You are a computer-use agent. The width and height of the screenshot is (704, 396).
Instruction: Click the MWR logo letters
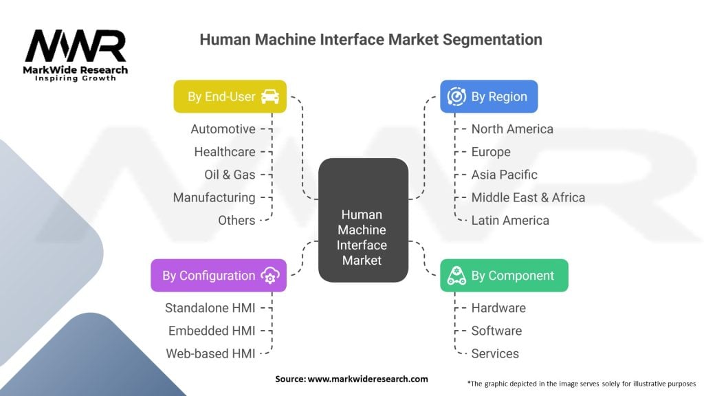pos(76,46)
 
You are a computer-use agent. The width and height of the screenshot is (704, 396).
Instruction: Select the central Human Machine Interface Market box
pos(363,220)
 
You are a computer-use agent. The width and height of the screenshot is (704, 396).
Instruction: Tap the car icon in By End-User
pos(269,96)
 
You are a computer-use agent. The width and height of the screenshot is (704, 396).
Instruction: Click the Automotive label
pos(223,129)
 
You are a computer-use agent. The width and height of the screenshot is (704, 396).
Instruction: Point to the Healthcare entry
pos(225,152)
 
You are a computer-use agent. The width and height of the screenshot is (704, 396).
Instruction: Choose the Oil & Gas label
pos(230,175)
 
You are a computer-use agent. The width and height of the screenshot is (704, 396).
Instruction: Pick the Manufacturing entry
pos(214,197)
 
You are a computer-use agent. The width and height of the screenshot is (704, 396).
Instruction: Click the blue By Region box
pos(489,96)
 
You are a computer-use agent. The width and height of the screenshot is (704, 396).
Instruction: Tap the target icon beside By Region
pos(456,96)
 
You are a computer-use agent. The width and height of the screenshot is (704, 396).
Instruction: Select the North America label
pos(512,129)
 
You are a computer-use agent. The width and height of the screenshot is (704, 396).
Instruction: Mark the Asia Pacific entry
pos(504,175)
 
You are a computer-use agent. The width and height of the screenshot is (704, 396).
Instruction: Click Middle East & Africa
pos(528,197)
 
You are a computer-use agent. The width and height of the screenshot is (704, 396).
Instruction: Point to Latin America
pos(510,221)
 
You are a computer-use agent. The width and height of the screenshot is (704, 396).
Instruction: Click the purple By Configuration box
pos(219,275)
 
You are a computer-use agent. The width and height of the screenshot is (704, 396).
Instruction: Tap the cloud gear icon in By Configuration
pos(269,275)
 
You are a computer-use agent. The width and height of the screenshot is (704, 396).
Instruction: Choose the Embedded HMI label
pos(212,331)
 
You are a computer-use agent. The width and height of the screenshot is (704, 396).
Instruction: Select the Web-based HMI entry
pos(210,354)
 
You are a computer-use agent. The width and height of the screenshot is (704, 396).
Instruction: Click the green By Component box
pos(504,275)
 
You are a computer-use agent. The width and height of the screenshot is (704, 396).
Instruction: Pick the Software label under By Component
pos(496,331)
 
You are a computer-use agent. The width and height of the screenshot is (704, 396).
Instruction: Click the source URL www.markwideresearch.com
pos(368,379)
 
